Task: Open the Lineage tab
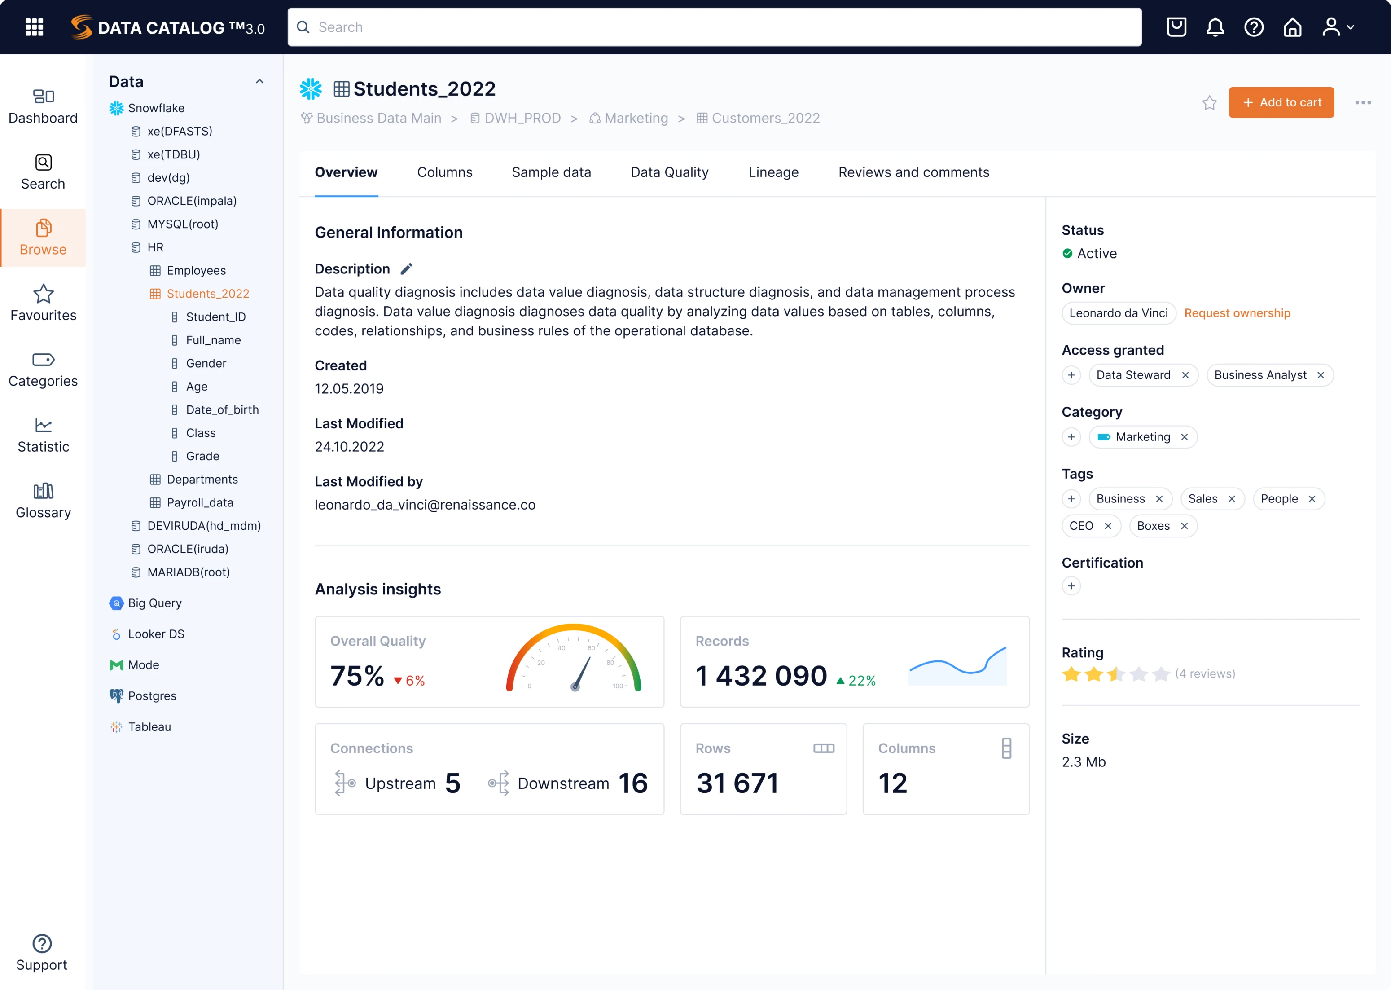[x=773, y=172]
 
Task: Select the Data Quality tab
[x=670, y=172]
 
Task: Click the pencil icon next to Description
[x=406, y=269]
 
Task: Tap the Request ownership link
[x=1237, y=313]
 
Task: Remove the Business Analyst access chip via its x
[x=1321, y=375]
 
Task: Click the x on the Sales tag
[x=1231, y=499]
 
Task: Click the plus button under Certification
[x=1071, y=586]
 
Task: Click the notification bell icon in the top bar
[x=1215, y=27]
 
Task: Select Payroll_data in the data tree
[x=200, y=503]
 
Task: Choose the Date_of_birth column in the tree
[x=222, y=409]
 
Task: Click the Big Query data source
[x=154, y=603]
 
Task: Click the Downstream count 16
[x=632, y=783]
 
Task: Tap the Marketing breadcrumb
[x=636, y=118]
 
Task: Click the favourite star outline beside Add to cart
[x=1209, y=103]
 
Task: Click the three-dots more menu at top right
[x=1363, y=103]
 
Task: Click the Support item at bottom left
[x=42, y=953]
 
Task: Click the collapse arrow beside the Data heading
[x=259, y=82]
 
